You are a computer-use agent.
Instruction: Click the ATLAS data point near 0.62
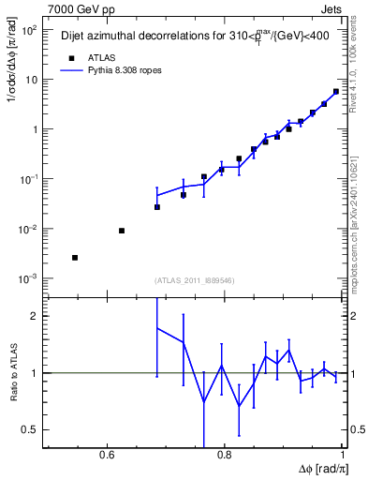[x=122, y=231]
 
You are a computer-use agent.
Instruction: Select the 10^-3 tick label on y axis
[x=29, y=278]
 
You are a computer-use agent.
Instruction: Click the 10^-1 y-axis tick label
[x=29, y=179]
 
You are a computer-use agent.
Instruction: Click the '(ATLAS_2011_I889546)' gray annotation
[x=195, y=279]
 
